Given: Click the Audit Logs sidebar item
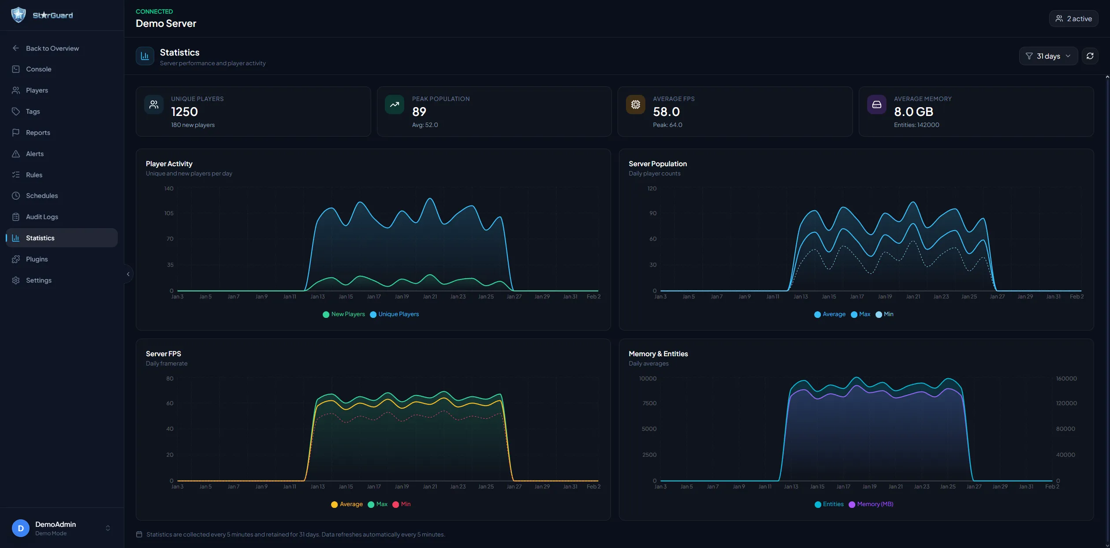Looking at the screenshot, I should pyautogui.click(x=42, y=217).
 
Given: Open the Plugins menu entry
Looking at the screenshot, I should pyautogui.click(x=37, y=259).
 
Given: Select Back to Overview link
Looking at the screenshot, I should pyautogui.click(x=52, y=48).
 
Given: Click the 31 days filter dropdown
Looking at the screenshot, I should pyautogui.click(x=1048, y=56).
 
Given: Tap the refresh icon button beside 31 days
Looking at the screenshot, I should pyautogui.click(x=1090, y=56).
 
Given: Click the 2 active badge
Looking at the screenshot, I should pyautogui.click(x=1073, y=19).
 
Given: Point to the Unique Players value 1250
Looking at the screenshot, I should pyautogui.click(x=184, y=112).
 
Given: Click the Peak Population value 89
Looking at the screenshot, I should pyautogui.click(x=419, y=112).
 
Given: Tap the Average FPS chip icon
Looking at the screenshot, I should pyautogui.click(x=635, y=104).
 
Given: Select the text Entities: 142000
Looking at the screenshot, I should pyautogui.click(x=916, y=125).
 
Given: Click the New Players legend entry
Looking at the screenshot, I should pyautogui.click(x=344, y=314).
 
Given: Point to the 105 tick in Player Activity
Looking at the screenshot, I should pyautogui.click(x=169, y=213).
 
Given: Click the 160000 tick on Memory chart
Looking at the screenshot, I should pyautogui.click(x=1066, y=379).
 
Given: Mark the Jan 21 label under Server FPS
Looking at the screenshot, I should pyautogui.click(x=430, y=487).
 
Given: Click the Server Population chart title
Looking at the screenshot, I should pyautogui.click(x=657, y=164).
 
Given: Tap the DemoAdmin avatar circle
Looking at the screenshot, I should pyautogui.click(x=20, y=528).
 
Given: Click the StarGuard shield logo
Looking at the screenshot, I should pyautogui.click(x=19, y=15).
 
